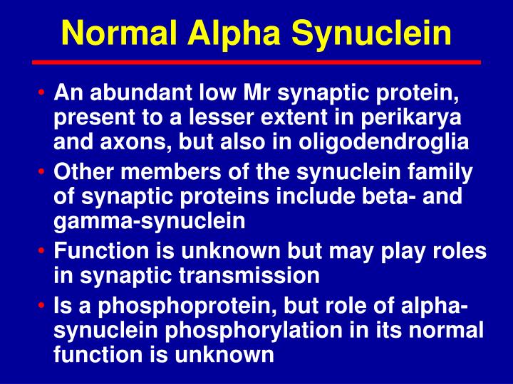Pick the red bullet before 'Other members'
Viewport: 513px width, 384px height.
(x=45, y=173)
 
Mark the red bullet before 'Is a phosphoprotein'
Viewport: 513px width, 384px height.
(x=45, y=306)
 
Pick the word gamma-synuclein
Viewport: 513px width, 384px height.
(x=150, y=221)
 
